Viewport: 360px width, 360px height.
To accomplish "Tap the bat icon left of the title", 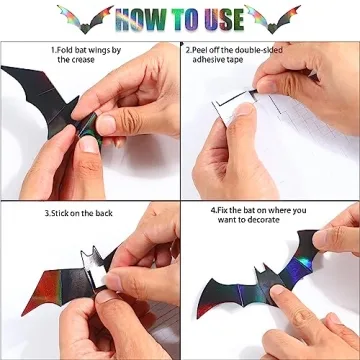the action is pyautogui.click(x=85, y=19).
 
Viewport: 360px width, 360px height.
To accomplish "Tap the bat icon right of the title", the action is pyautogui.click(x=272, y=19).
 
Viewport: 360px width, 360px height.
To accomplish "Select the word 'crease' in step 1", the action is pyautogui.click(x=82, y=60).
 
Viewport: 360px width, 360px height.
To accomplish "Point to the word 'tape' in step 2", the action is pyautogui.click(x=235, y=60).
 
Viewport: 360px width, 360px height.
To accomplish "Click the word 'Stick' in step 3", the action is pyautogui.click(x=59, y=213).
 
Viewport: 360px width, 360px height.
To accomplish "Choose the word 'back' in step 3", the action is pyautogui.click(x=104, y=213).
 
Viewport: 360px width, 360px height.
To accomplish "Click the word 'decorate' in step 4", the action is pyautogui.click(x=263, y=220).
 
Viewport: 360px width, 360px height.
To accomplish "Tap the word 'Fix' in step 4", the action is pyautogui.click(x=222, y=211).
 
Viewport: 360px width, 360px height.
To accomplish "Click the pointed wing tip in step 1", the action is pyautogui.click(x=3, y=68).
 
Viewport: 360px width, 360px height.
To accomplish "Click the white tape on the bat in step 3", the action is pyautogui.click(x=97, y=274).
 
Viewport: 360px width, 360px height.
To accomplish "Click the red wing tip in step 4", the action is pyautogui.click(x=202, y=310).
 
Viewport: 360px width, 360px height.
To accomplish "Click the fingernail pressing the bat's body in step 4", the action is pyautogui.click(x=277, y=289).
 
